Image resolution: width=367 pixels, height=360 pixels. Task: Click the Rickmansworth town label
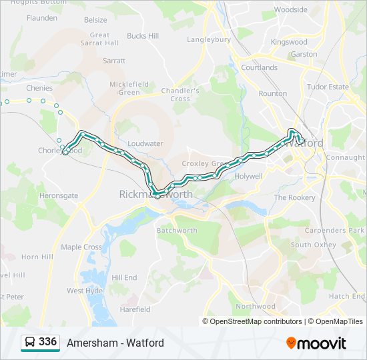(155, 195)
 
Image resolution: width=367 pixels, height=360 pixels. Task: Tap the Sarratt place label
(114, 60)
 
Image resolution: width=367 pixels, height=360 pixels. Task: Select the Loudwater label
(145, 143)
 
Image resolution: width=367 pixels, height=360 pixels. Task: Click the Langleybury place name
(209, 39)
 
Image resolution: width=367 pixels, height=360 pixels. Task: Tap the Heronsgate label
(59, 195)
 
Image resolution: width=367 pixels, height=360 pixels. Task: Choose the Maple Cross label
(81, 247)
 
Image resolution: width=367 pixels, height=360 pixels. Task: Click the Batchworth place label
(177, 231)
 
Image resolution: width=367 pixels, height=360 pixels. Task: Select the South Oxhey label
(313, 245)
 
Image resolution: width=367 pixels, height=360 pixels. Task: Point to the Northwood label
(256, 306)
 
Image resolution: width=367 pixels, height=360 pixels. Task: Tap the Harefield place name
(135, 309)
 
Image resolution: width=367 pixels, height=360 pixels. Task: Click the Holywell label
(249, 176)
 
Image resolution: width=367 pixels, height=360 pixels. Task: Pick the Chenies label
(39, 87)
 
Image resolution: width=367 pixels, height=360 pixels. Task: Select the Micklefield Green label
(129, 88)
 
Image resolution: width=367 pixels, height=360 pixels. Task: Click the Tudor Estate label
(328, 87)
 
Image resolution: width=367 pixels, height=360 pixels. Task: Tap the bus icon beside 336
(29, 343)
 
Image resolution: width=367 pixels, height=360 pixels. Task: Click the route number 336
(47, 342)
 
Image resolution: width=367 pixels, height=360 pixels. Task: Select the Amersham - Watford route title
(115, 343)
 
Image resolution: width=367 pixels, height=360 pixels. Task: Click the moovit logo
(316, 343)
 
